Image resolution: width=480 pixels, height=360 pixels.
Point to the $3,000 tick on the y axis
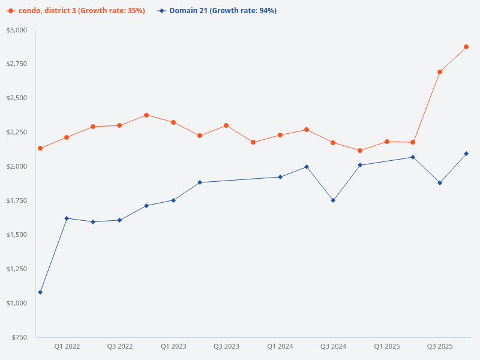[x=17, y=30]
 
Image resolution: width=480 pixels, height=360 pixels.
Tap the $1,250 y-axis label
[x=17, y=269]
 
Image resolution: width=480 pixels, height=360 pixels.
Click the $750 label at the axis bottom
[x=19, y=337]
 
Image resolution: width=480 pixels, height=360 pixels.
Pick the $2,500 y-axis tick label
[x=17, y=98]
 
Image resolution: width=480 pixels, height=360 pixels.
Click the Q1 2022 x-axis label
[x=67, y=346]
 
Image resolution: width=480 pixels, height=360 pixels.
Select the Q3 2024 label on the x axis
[x=333, y=346]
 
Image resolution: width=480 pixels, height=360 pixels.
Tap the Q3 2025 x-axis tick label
[x=440, y=346]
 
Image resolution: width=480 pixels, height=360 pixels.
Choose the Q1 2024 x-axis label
[x=280, y=346]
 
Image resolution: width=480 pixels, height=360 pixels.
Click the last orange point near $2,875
[x=466, y=47]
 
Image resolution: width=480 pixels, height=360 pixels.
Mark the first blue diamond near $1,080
[x=40, y=292]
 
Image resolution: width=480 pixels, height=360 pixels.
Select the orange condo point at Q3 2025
[x=440, y=72]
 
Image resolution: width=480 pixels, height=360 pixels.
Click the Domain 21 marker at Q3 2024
[x=333, y=200]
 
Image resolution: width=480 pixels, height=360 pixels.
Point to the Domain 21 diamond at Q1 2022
[x=67, y=218]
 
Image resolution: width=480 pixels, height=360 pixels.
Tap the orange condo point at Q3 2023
[x=226, y=125]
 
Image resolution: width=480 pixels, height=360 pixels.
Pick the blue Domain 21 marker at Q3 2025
[x=440, y=183]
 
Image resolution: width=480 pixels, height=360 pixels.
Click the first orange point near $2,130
[x=40, y=148]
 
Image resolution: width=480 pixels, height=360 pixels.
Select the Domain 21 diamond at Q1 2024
[x=280, y=177]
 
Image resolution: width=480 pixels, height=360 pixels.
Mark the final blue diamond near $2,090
[x=466, y=154]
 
